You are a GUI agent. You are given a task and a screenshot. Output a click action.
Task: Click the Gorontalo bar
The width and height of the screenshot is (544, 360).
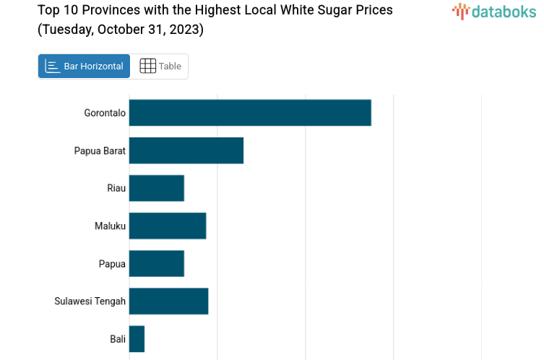250,113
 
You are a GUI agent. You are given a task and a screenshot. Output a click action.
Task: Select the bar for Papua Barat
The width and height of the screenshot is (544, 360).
186,150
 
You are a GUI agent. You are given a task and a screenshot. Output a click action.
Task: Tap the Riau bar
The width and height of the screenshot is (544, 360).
157,188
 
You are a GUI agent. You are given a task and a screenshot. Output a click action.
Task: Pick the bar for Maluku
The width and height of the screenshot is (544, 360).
168,226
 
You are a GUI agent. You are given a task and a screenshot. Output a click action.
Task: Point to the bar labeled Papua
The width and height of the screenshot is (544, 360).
157,263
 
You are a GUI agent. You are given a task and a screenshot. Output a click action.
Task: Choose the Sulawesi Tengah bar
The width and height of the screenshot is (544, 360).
169,301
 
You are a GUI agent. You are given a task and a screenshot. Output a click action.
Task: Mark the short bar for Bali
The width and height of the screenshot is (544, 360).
137,338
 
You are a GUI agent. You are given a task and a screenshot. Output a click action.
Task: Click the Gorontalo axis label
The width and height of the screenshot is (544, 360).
105,113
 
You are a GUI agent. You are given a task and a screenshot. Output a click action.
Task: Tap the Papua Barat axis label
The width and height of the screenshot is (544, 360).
100,150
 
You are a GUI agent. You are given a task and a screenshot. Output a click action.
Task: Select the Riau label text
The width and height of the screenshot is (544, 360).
116,188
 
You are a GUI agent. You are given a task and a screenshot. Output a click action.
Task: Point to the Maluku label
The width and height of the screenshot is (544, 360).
110,226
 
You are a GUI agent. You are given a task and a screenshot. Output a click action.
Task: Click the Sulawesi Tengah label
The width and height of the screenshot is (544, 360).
90,301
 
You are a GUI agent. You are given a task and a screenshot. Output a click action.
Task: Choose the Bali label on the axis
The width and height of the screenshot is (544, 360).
118,338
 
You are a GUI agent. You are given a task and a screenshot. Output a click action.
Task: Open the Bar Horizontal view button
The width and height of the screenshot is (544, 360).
85,66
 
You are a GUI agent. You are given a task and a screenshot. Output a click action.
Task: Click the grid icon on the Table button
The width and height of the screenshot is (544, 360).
147,66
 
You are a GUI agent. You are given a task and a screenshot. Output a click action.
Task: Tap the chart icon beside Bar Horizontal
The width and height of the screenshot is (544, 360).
52,66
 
